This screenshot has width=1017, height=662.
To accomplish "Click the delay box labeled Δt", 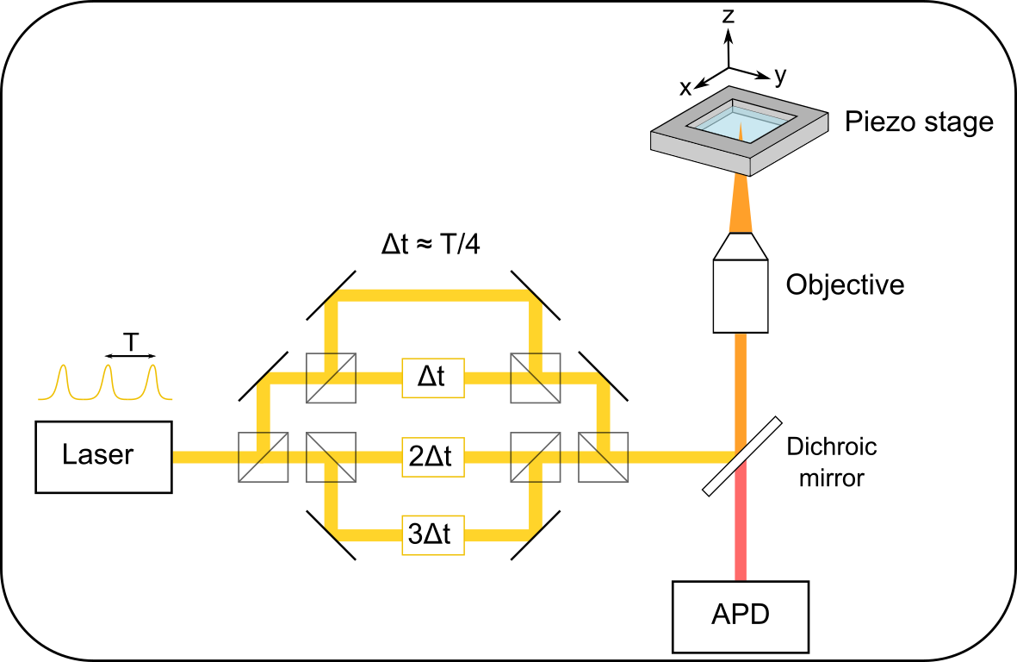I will pos(432,378).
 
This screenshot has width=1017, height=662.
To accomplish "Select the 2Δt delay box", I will pos(432,457).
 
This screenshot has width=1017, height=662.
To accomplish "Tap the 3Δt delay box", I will pos(432,535).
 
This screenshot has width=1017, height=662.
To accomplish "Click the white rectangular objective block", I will pos(740,296).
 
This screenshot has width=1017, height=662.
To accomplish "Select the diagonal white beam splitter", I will pos(741,457).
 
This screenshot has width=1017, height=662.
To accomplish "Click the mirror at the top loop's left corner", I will pos(327,290).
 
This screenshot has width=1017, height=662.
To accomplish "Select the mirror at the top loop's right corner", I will pos(538,290).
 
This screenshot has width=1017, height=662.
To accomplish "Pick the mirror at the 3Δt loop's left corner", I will pos(327,538).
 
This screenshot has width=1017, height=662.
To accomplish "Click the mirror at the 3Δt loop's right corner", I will pos(539,538).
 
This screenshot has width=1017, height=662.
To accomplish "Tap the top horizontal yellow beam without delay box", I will pos(432,295).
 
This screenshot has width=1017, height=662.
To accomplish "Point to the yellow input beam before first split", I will pos(207,457).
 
